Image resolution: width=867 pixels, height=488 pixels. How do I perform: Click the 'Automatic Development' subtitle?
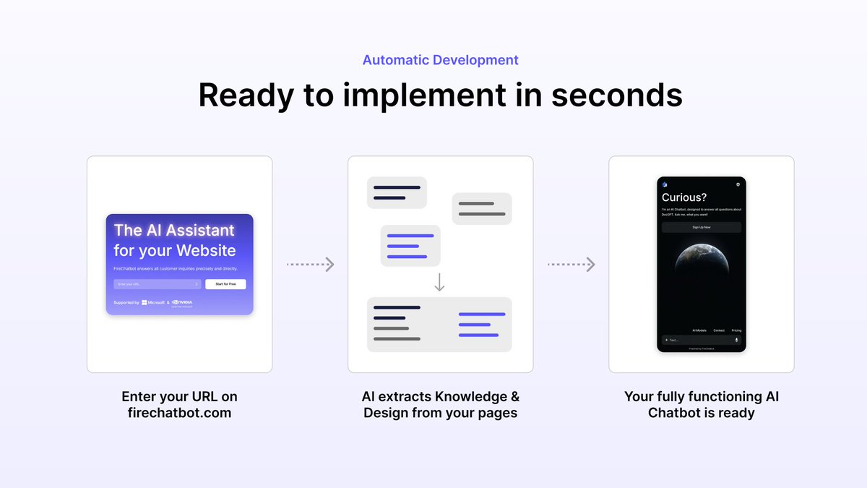tap(440, 60)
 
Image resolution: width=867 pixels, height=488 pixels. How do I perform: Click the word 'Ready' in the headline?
tap(246, 95)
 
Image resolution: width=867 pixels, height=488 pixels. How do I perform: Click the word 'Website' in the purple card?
tap(202, 251)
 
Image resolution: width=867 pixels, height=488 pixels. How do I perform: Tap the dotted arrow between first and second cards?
tap(311, 265)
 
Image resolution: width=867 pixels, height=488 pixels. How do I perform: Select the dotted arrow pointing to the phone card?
tap(571, 265)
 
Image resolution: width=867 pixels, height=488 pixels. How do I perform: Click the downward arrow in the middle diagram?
tap(439, 282)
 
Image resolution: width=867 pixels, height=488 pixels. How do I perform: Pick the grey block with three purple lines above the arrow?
tap(410, 246)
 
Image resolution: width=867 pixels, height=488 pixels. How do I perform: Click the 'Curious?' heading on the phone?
tap(684, 197)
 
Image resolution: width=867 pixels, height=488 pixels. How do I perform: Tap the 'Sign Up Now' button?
tap(702, 227)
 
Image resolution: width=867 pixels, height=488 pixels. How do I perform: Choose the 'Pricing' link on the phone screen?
tap(736, 330)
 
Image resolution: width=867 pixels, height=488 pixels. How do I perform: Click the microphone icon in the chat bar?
tap(736, 340)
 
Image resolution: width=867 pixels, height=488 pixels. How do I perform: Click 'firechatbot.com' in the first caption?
tap(179, 414)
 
